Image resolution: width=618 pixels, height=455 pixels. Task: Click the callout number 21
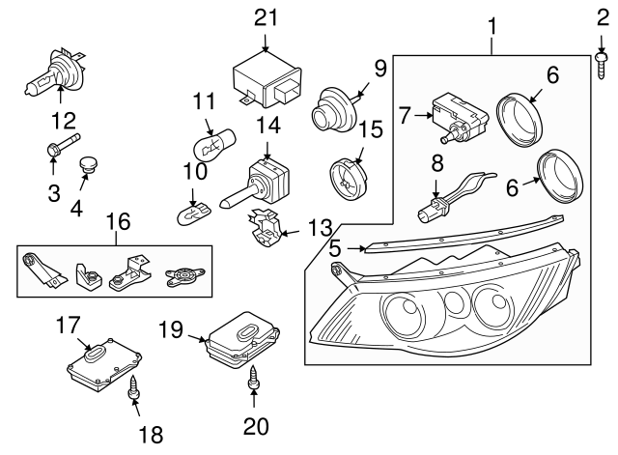(x=264, y=16)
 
